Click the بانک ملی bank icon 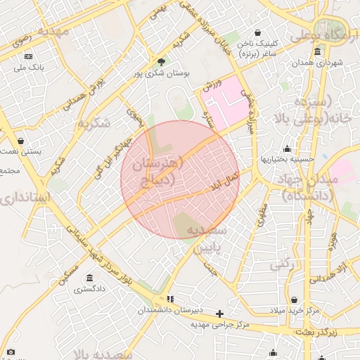click(28, 56)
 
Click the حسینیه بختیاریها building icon click(287, 148)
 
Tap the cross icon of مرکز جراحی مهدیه click(220, 314)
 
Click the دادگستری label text click(89, 288)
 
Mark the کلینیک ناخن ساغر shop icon click(257, 33)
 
